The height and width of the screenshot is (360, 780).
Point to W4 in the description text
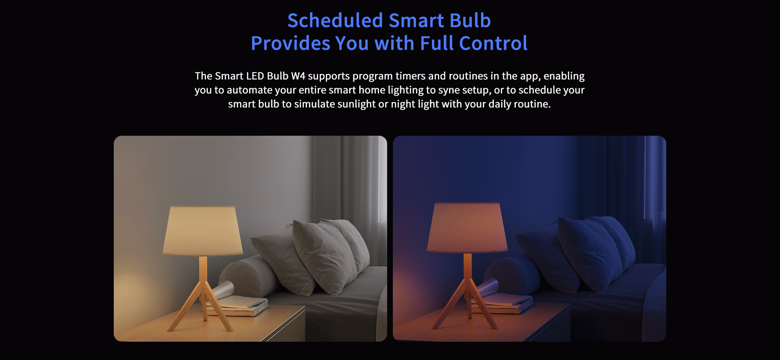298,76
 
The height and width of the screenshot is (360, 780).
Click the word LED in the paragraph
255,76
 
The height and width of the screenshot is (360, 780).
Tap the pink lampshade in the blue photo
467,228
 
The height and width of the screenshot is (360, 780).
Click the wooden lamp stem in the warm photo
203,270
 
